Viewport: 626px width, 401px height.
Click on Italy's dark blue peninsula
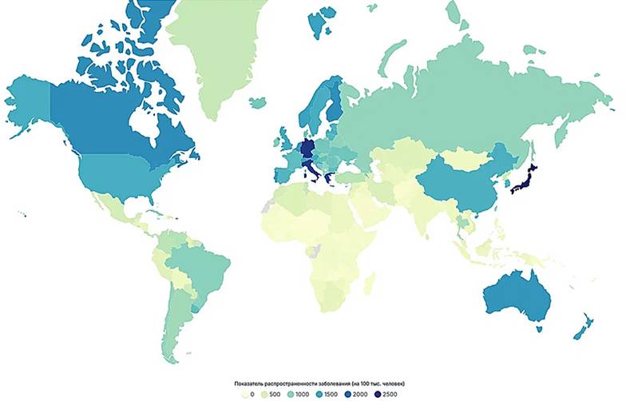pos(313,171)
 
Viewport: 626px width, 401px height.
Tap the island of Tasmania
pos(541,328)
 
